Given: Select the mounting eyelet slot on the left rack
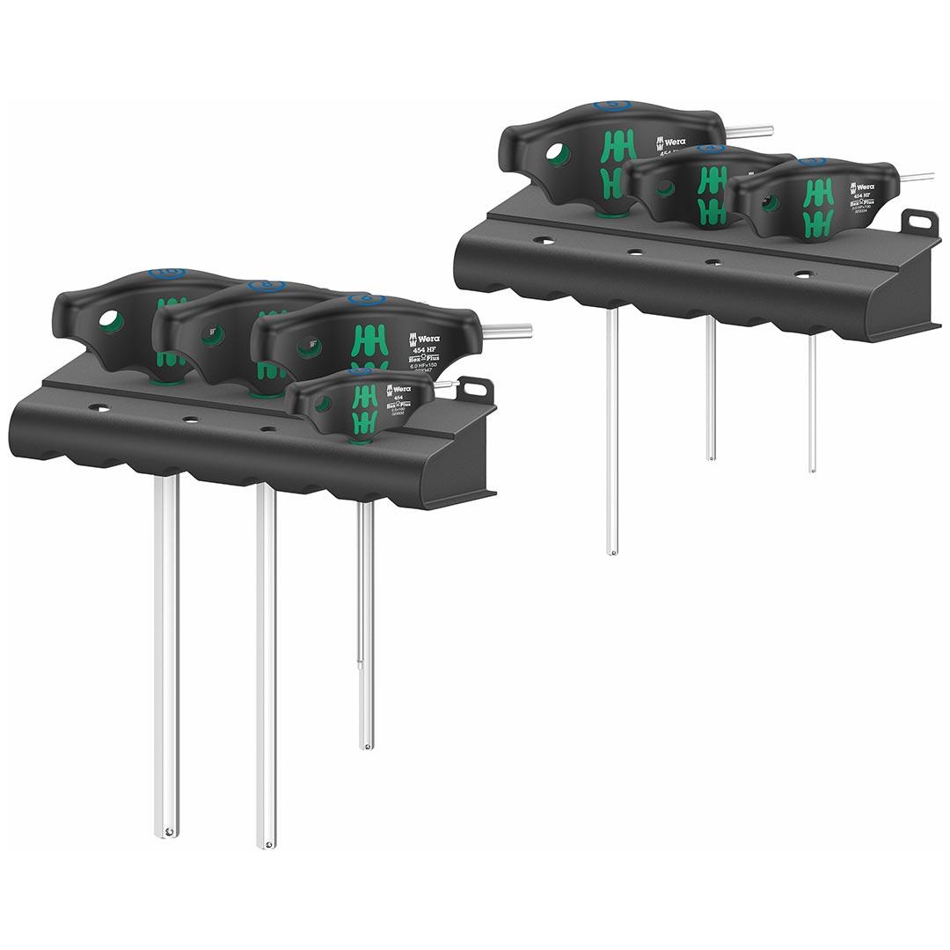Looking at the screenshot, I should pyautogui.click(x=475, y=388).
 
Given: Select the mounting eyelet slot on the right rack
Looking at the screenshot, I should pyautogui.click(x=920, y=221).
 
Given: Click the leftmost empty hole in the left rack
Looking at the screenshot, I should pyautogui.click(x=99, y=408).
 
